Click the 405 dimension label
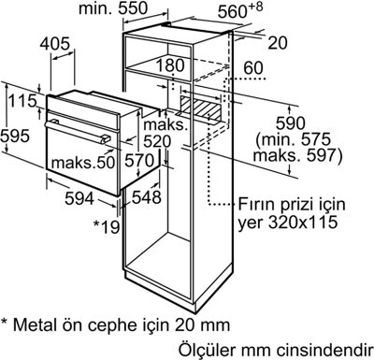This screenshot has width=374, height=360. [x=55, y=44]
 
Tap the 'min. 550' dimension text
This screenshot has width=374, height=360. [x=113, y=8]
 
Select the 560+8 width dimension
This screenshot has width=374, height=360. [x=240, y=10]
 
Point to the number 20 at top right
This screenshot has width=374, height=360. [x=278, y=43]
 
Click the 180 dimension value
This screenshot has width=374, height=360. [x=170, y=65]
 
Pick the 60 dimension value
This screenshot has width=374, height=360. [x=253, y=68]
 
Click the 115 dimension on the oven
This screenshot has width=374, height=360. [x=22, y=101]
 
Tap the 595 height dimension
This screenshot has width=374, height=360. [x=15, y=136]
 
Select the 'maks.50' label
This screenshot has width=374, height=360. [x=83, y=163]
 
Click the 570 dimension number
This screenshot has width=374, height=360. [x=139, y=161]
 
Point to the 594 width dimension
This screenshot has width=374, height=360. [x=79, y=198]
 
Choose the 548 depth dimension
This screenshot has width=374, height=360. [x=147, y=197]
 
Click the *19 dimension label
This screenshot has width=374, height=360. [x=107, y=226]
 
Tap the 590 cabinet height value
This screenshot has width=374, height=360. [x=291, y=123]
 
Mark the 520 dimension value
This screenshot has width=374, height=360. [x=157, y=142]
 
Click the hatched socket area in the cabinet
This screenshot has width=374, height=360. [x=200, y=108]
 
